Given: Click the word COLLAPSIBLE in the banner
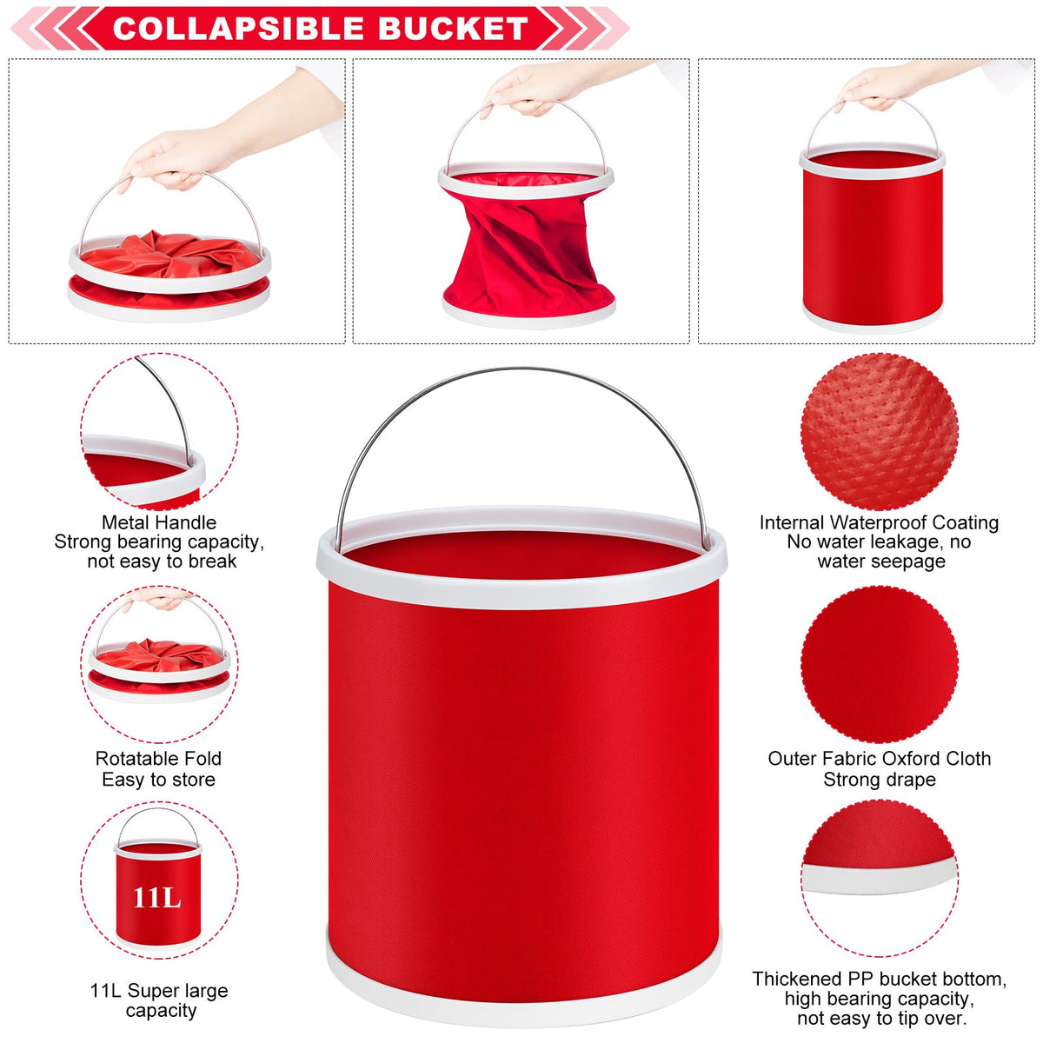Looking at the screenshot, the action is tap(237, 28).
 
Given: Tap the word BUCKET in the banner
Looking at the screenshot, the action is tap(453, 28).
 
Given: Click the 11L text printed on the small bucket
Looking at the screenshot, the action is tap(157, 898).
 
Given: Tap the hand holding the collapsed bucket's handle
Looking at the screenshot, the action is tap(179, 157).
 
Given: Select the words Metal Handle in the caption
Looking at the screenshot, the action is tap(159, 522).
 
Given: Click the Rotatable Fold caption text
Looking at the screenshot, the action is tap(158, 758).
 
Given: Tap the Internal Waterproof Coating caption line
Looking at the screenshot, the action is tap(879, 522).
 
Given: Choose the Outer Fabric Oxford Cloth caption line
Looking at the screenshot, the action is tap(880, 758).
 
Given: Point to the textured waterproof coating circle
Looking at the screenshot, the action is tap(879, 431).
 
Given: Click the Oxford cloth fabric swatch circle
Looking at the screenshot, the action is tap(880, 665).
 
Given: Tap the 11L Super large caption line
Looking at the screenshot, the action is tap(159, 991).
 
